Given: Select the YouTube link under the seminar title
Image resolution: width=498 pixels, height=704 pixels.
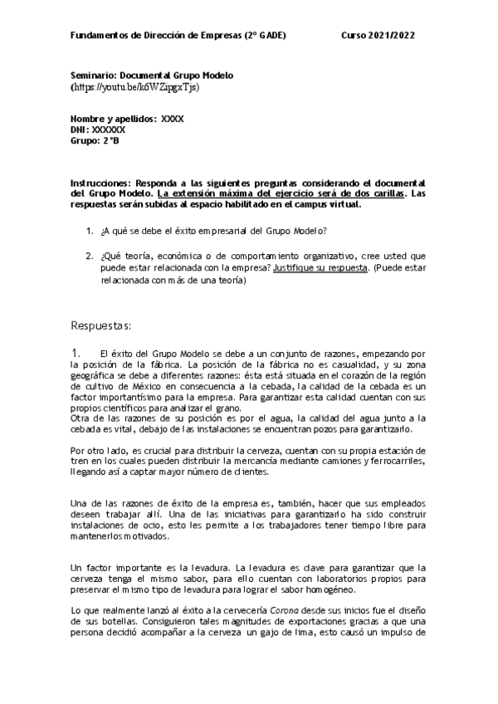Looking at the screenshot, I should (x=135, y=86).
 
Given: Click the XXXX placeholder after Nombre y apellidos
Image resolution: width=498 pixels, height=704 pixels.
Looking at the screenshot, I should (x=173, y=119).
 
